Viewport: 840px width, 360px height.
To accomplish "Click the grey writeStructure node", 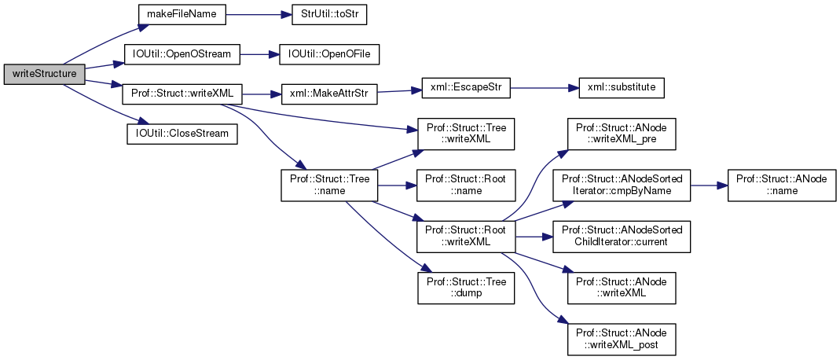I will point(44,74).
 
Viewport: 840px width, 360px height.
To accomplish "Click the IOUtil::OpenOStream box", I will point(182,54).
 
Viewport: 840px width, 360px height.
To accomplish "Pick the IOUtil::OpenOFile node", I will point(324,54).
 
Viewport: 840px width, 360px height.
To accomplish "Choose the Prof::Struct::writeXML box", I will point(182,94).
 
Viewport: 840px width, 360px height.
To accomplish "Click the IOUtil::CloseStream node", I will point(182,133).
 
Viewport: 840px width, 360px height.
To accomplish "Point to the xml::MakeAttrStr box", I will point(323,94).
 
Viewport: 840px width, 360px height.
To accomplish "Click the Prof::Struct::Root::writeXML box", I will point(465,236).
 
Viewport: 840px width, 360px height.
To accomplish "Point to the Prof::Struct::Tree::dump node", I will point(465,286).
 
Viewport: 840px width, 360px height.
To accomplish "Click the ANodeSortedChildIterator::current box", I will point(621,236).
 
